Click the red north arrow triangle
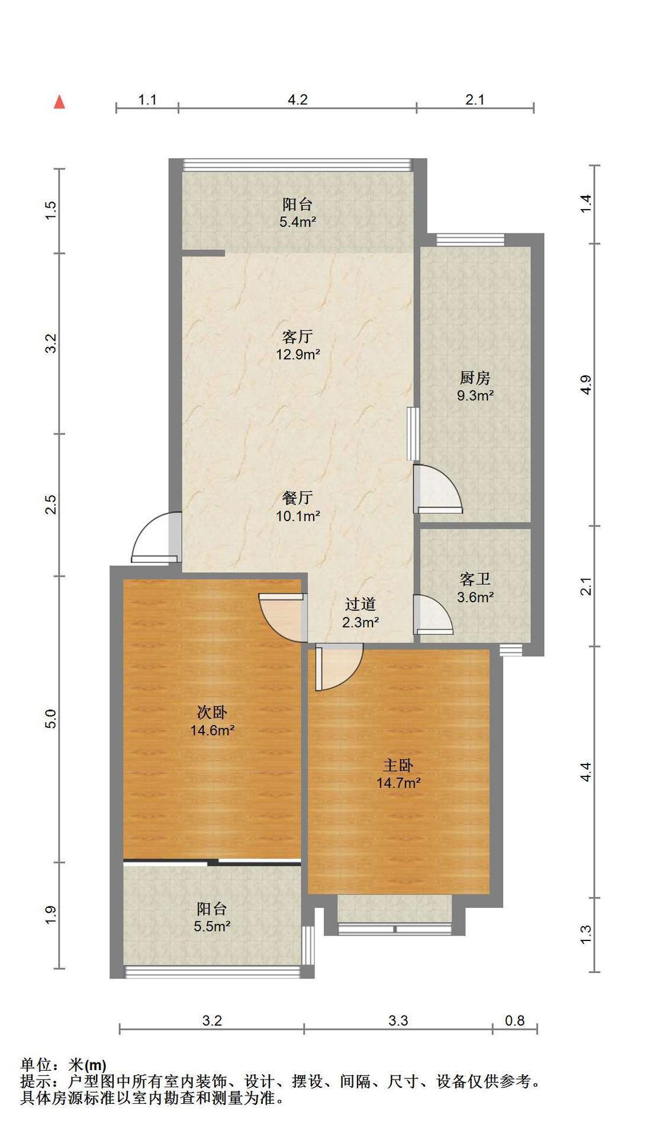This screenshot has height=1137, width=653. pos(59,102)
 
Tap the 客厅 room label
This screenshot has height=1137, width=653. pos(297,337)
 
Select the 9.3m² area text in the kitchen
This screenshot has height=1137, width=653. pos(475,395)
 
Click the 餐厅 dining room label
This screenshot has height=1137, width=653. pos(297,497)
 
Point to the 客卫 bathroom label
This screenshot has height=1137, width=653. pos(475,579)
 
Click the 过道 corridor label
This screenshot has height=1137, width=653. pos(360,605)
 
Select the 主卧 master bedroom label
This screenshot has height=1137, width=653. pos(398,766)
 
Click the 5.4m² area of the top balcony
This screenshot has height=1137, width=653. pos(297,223)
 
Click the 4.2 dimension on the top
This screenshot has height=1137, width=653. pos(297,99)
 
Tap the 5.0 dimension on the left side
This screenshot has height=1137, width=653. pos(52,718)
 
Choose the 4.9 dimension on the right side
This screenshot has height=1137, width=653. pos(586,385)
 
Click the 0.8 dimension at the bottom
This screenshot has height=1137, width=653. pos(514,1020)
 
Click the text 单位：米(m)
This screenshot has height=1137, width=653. pos(63,1066)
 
